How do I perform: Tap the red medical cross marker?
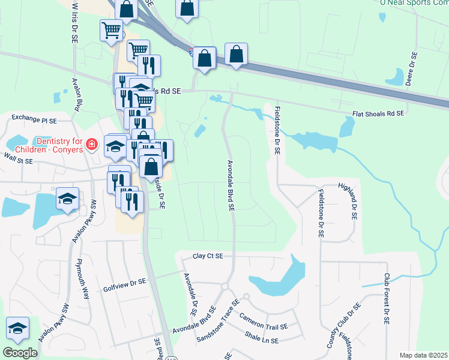91,145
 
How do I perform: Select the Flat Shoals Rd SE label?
378,113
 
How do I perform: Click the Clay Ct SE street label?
208,256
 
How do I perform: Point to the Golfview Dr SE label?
125,281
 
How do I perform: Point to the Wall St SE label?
17,157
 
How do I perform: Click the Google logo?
20,352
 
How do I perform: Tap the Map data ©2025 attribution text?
423,355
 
